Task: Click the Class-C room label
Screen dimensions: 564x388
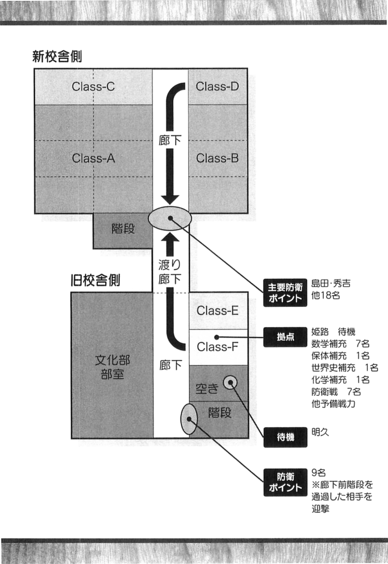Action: (x=93, y=87)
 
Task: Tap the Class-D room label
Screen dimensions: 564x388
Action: (x=217, y=87)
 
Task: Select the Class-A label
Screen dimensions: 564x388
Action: (x=93, y=158)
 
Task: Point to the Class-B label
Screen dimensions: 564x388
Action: (x=217, y=158)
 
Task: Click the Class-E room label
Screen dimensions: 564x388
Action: (x=218, y=311)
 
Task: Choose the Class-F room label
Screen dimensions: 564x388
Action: (x=218, y=347)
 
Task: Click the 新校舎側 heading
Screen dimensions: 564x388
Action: (x=57, y=57)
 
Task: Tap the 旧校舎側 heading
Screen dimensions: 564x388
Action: (x=96, y=280)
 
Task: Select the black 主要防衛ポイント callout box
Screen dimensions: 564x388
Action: (x=285, y=293)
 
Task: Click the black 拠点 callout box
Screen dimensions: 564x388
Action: (x=285, y=337)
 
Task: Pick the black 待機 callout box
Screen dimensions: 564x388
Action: (x=285, y=437)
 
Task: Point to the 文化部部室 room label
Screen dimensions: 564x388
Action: (x=112, y=367)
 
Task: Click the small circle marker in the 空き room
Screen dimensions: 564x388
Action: (x=230, y=382)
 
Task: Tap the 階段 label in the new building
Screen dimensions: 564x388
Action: (x=123, y=228)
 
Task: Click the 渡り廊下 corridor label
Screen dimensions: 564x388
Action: (x=170, y=272)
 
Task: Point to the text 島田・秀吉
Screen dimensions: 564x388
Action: (x=331, y=283)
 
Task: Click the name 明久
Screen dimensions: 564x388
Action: (x=320, y=432)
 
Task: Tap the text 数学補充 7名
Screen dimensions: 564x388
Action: (x=340, y=344)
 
